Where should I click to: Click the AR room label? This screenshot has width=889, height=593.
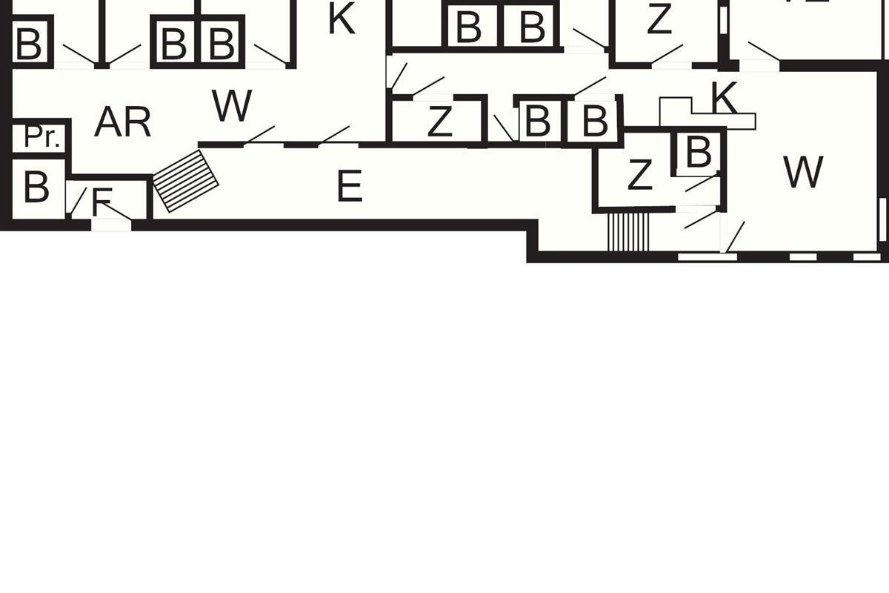pos(123,122)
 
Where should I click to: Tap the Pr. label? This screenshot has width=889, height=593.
pos(41,137)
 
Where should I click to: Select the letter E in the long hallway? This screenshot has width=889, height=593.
pos(349,186)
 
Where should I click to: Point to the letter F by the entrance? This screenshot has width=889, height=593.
pos(101,201)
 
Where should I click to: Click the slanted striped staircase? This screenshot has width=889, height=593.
pos(185,181)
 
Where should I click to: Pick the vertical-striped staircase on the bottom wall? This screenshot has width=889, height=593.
pos(628,232)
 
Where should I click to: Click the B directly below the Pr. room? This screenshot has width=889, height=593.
pos(36,188)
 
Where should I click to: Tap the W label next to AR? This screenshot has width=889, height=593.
pos(232,107)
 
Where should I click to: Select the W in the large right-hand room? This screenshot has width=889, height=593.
pos(803,173)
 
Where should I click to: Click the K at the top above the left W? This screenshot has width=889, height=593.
pos(342,20)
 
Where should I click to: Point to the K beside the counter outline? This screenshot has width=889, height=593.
pos(724,97)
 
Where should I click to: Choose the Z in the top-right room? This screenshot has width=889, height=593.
pos(659,21)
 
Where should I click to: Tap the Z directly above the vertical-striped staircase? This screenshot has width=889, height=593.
pos(639,176)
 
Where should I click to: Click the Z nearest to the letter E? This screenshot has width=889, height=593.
pos(439,122)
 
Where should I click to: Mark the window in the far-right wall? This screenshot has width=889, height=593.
pos(882,219)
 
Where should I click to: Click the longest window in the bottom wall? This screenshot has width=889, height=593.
pos(707,257)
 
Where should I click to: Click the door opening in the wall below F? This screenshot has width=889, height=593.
pos(111,224)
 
